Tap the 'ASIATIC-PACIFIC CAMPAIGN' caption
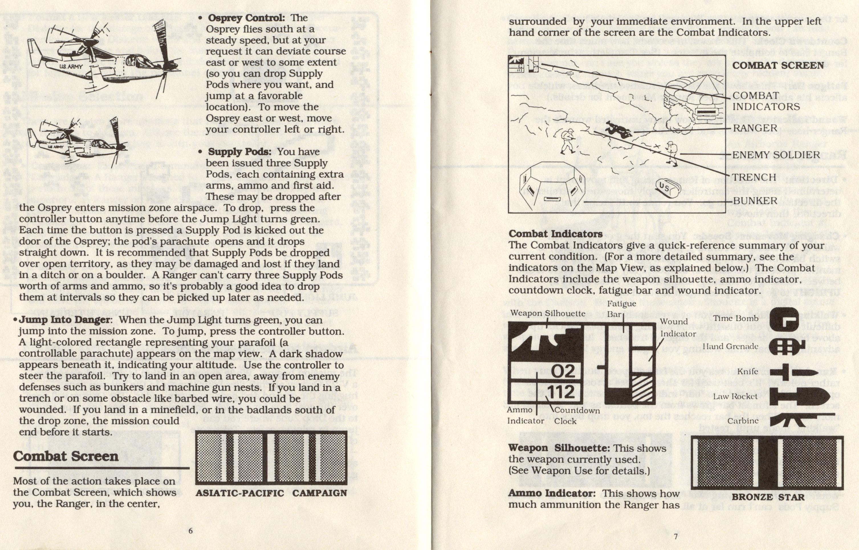(271, 493)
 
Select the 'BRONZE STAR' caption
(768, 497)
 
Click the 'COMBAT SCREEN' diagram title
(778, 65)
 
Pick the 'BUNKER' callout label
(755, 200)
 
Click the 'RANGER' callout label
(755, 128)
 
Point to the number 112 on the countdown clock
(561, 392)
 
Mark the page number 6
(191, 531)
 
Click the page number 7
(675, 536)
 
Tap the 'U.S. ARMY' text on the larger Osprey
(71, 66)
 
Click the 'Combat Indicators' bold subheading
(555, 234)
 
